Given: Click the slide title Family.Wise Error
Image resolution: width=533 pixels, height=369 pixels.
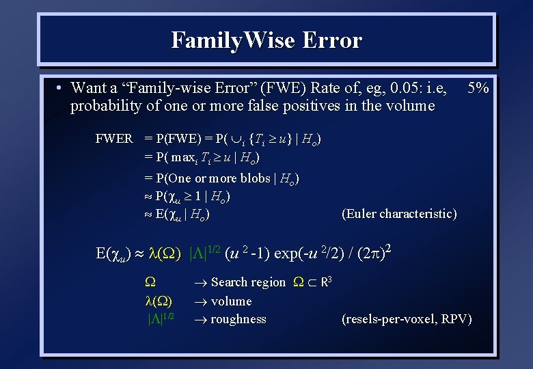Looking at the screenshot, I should click(x=266, y=40).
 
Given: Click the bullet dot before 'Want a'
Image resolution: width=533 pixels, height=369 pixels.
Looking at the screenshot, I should click(x=60, y=88).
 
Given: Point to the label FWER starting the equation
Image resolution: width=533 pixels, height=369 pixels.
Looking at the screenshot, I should click(x=114, y=139).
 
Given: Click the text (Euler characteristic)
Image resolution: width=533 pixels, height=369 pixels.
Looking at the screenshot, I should click(x=398, y=214).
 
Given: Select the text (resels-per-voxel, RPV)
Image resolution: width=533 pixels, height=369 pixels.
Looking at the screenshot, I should click(x=407, y=319).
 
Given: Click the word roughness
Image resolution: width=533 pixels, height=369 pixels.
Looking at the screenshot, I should click(x=238, y=319).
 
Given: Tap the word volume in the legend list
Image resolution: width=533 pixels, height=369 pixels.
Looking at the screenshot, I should click(x=231, y=301).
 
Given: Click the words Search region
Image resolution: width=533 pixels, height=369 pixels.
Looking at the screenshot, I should click(x=248, y=282).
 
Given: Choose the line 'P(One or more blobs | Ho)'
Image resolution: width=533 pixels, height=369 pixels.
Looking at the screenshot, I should click(x=221, y=178).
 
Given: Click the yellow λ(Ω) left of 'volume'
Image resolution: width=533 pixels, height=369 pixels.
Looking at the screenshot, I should click(x=159, y=301).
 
